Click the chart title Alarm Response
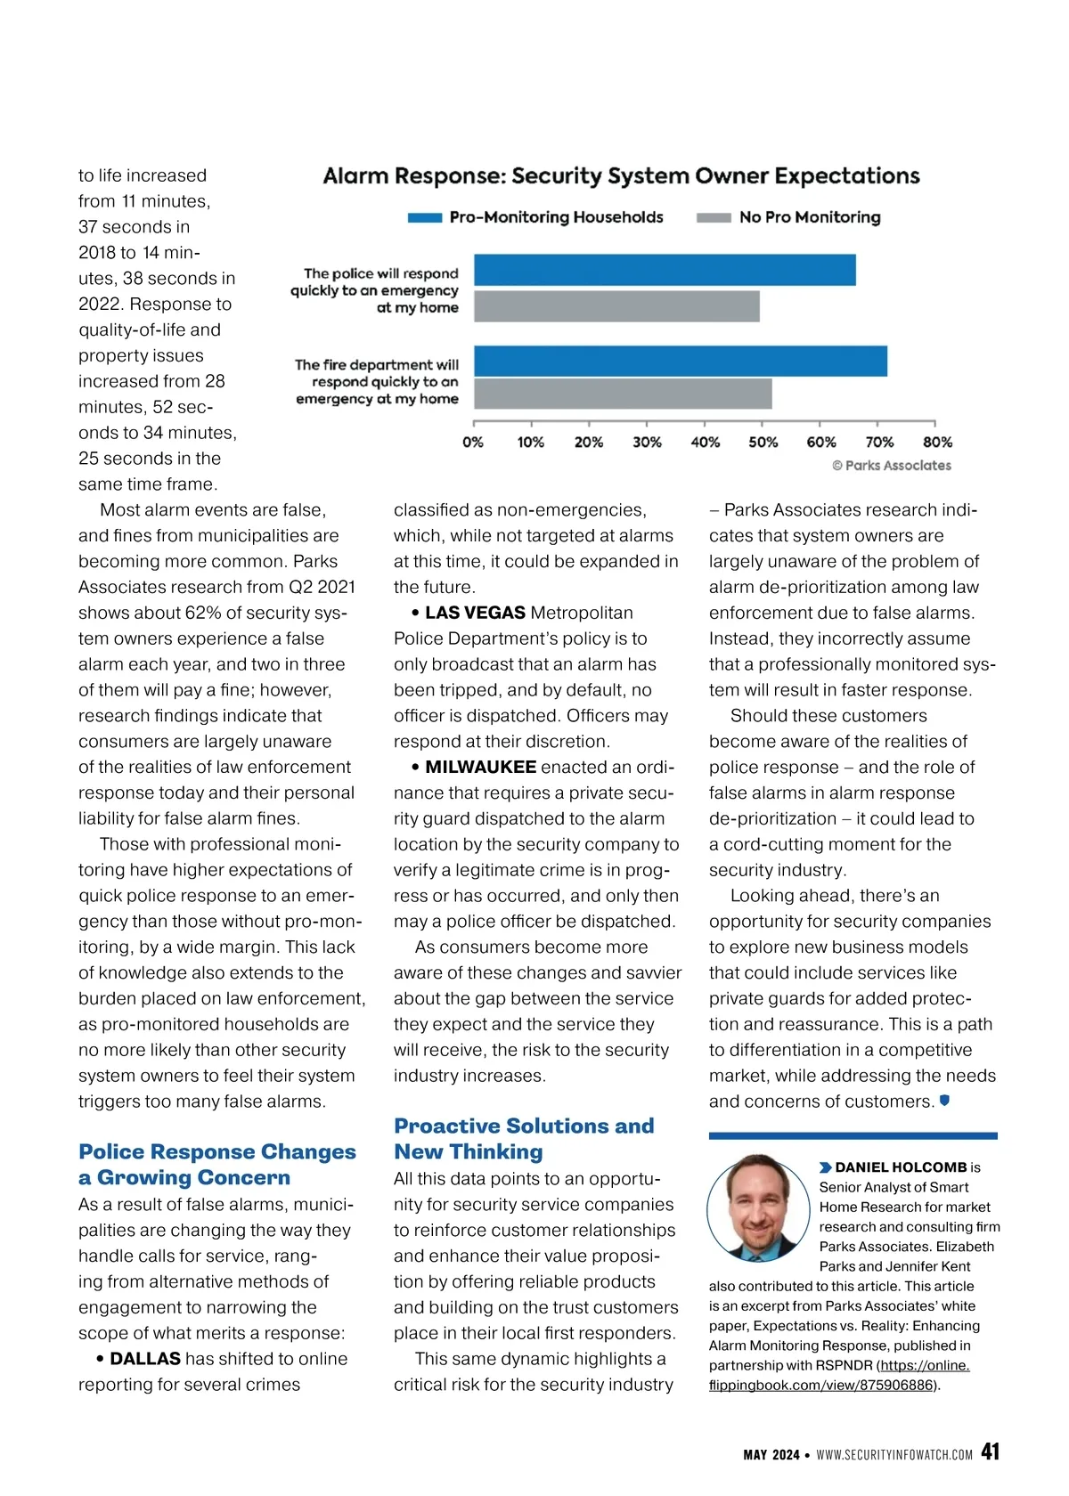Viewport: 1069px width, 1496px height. pyautogui.click(x=621, y=176)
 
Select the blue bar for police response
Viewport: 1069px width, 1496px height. pyautogui.click(x=664, y=270)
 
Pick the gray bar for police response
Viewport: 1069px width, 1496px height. pyautogui.click(x=616, y=306)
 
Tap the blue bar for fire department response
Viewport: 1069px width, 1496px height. pyautogui.click(x=680, y=362)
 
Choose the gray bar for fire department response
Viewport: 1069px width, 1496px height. pyautogui.click(x=623, y=394)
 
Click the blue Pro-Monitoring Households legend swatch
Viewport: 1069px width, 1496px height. pyautogui.click(x=425, y=217)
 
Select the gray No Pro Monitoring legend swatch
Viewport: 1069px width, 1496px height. pyautogui.click(x=714, y=217)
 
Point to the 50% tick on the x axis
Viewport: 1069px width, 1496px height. pyautogui.click(x=763, y=424)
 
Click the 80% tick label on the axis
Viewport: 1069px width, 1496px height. pyautogui.click(x=937, y=442)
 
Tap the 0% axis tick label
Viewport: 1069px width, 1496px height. pyautogui.click(x=473, y=442)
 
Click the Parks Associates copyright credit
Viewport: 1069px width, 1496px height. pyautogui.click(x=892, y=465)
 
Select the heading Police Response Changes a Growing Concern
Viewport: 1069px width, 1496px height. pyautogui.click(x=216, y=1164)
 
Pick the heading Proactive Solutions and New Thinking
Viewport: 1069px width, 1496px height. pyautogui.click(x=524, y=1138)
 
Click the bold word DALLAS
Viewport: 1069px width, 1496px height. pyautogui.click(x=145, y=1359)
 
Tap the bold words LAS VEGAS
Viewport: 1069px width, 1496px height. pyautogui.click(x=475, y=613)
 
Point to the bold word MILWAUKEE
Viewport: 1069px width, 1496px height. pyautogui.click(x=480, y=767)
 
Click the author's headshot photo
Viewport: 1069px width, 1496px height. pyautogui.click(x=758, y=1207)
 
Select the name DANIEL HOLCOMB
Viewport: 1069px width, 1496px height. pyautogui.click(x=901, y=1167)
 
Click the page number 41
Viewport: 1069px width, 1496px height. pyautogui.click(x=990, y=1451)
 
